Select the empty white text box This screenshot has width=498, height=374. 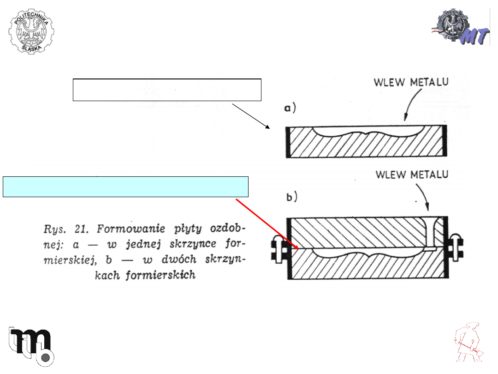[167, 90]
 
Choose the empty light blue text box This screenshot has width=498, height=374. [125, 187]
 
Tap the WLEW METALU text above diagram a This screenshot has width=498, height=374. [412, 83]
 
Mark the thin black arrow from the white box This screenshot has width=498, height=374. [251, 116]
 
